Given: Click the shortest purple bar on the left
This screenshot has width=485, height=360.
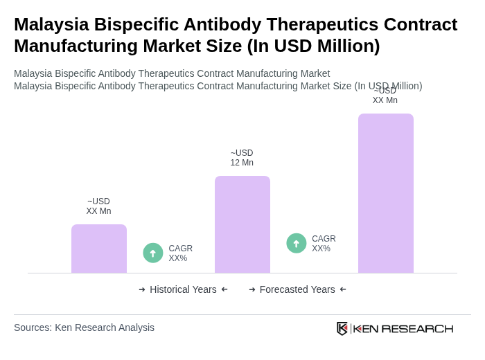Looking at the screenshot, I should click(99, 249).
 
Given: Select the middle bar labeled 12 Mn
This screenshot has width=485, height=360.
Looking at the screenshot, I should click(242, 224).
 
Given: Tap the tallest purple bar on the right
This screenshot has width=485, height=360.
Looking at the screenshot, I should click(386, 193).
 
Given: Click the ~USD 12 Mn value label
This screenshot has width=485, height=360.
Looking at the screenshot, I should click(242, 158).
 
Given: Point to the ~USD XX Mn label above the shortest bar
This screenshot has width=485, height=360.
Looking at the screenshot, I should click(98, 206).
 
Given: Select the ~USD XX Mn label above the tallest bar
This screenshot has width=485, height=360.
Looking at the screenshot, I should click(385, 96).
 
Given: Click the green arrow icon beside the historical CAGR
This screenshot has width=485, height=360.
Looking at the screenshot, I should click(153, 253).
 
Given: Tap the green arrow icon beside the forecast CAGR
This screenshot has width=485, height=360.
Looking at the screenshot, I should click(297, 244).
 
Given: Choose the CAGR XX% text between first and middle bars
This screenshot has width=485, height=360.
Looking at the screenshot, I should click(181, 253).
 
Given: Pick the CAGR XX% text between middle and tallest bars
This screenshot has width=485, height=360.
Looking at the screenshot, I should click(324, 244).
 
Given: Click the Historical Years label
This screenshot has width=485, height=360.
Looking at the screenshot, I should click(183, 289).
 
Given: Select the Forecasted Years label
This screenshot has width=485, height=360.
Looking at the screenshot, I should click(297, 289).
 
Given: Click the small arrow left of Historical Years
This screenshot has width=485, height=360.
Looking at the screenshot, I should click(142, 289).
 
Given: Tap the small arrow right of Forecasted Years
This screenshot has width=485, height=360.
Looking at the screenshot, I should click(343, 289).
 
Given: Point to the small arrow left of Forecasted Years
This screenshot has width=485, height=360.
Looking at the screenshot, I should click(252, 289).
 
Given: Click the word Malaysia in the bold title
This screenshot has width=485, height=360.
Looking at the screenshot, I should click(51, 24).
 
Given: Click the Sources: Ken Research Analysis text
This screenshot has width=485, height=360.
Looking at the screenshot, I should click(84, 327).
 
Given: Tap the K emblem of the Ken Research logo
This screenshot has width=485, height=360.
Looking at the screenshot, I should click(342, 328).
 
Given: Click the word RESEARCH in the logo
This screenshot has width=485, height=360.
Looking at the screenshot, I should click(417, 328).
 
